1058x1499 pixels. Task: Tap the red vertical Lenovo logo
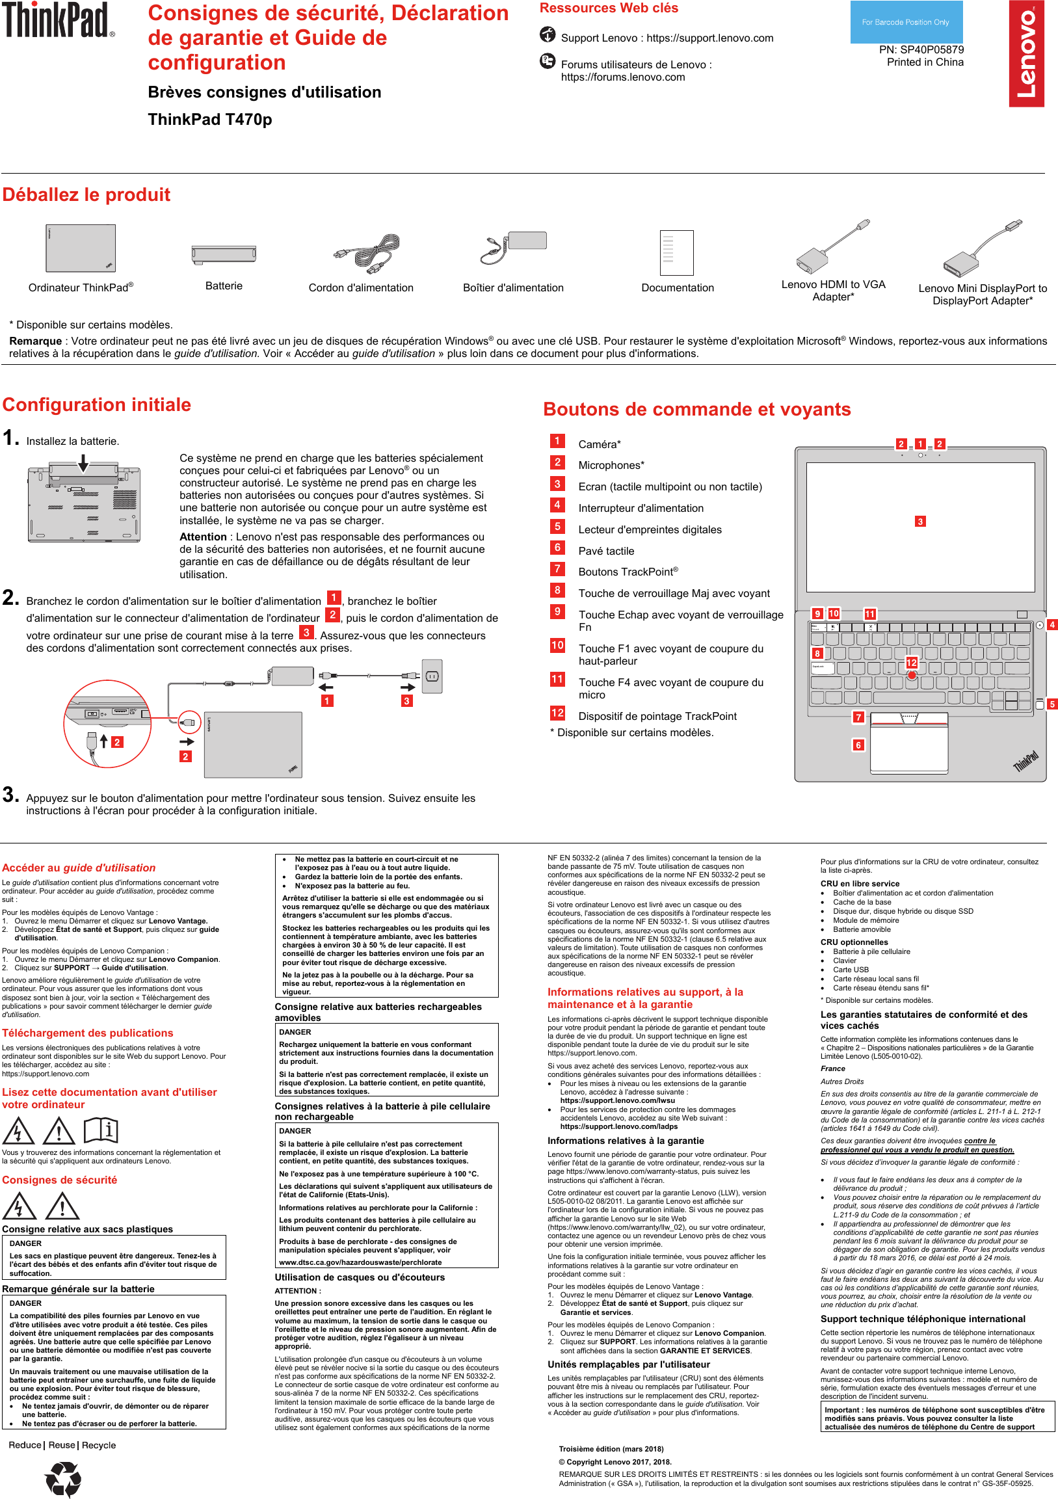tap(1026, 53)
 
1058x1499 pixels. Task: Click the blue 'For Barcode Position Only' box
tap(905, 22)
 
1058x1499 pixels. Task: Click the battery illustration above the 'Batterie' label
tap(223, 254)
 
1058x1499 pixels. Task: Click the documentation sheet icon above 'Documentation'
tap(676, 253)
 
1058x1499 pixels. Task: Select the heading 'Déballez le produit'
tap(86, 194)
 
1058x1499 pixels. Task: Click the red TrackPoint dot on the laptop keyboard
tap(912, 675)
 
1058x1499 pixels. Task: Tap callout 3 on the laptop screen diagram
tap(919, 521)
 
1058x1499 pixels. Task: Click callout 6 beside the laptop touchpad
tap(858, 745)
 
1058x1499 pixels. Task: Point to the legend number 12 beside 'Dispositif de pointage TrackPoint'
tap(557, 712)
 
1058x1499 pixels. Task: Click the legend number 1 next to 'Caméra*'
tap(557, 441)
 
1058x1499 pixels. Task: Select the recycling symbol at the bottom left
tap(63, 1478)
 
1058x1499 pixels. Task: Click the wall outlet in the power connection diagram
tap(431, 676)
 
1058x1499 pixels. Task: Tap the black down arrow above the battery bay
tap(83, 463)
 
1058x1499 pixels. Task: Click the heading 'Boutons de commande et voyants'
tap(696, 409)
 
